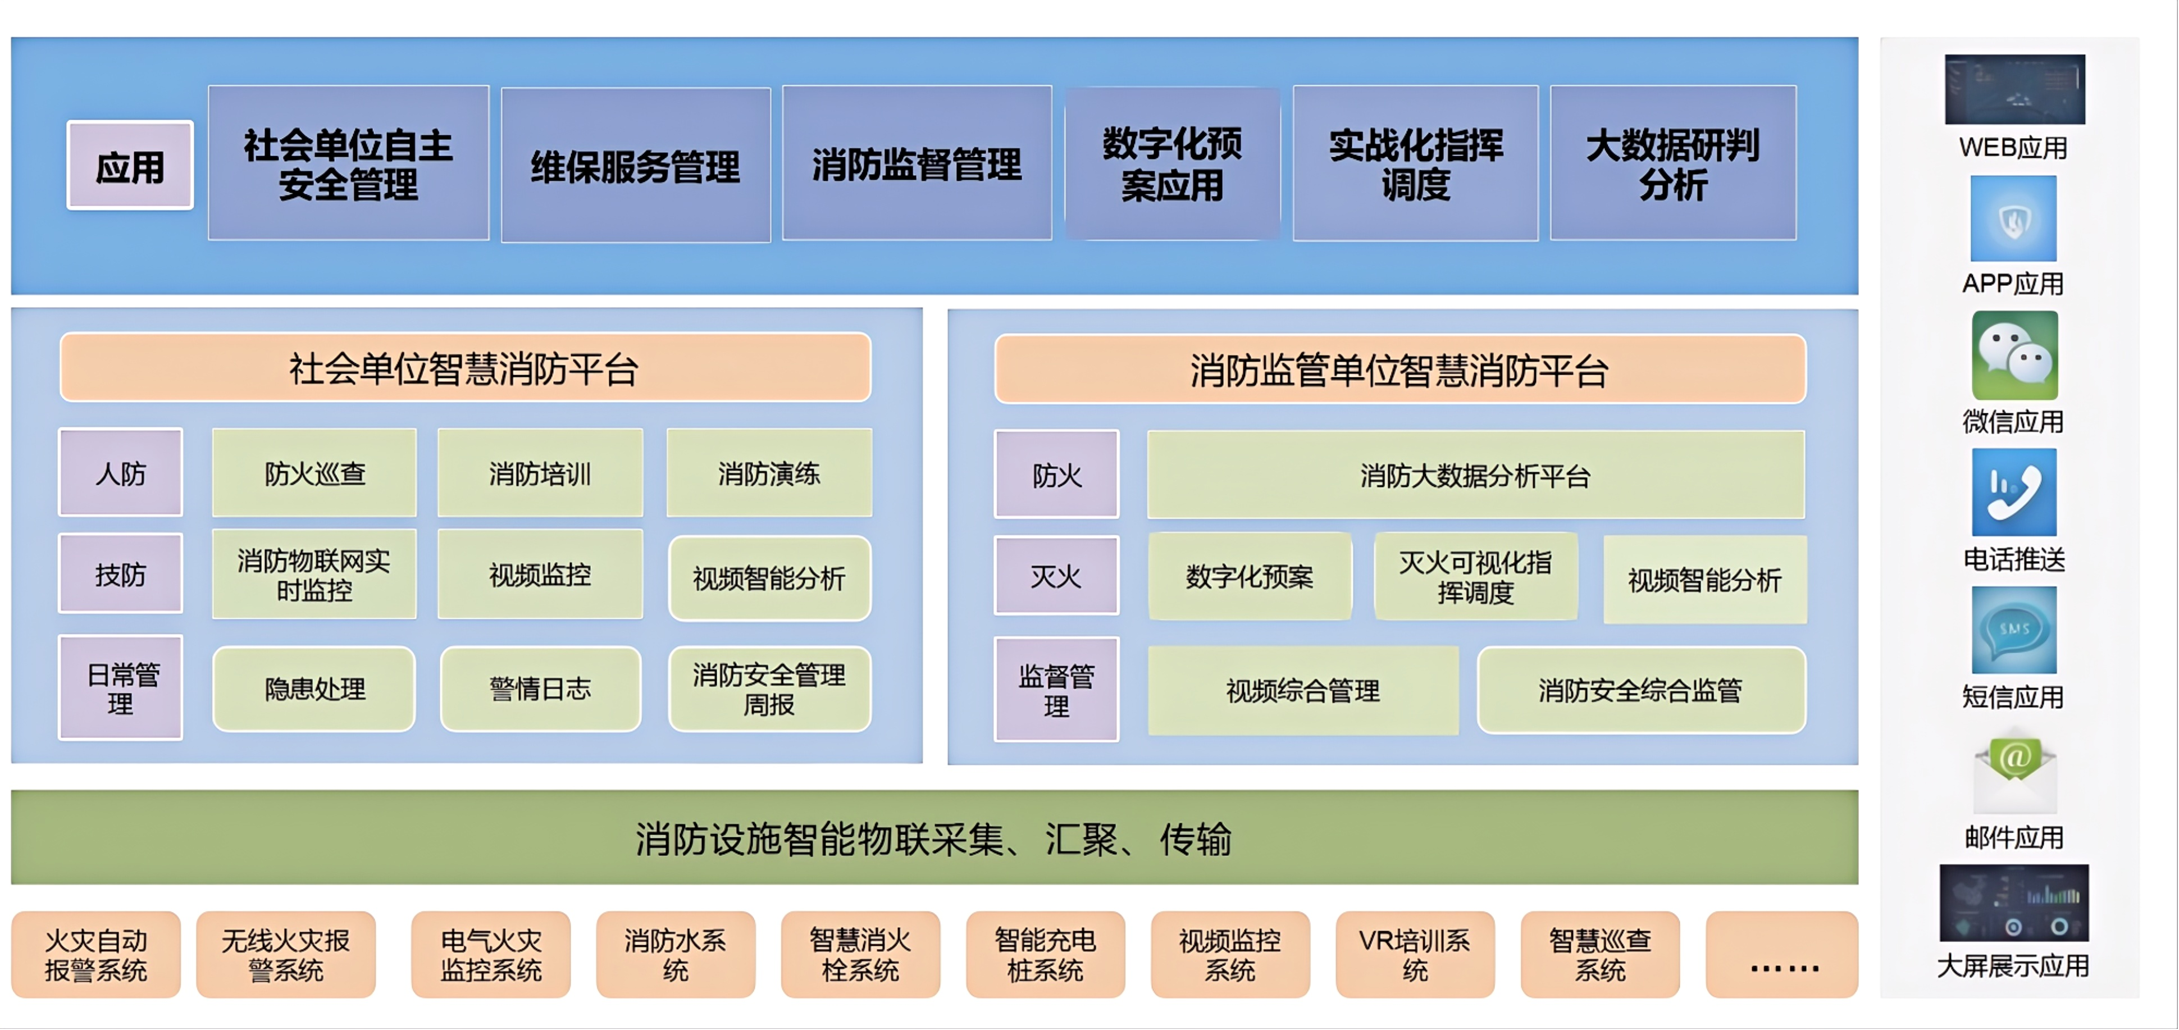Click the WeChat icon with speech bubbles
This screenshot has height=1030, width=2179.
2014,355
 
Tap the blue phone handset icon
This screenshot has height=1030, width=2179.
2014,492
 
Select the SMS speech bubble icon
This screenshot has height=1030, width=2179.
2014,630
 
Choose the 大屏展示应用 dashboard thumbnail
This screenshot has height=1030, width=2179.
2013,903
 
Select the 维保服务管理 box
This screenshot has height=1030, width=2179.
635,165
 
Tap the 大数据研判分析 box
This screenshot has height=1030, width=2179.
1672,163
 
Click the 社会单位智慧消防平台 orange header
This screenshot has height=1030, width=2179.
465,368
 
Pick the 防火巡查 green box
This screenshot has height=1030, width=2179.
314,473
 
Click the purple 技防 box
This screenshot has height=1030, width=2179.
120,574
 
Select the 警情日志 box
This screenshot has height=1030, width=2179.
540,689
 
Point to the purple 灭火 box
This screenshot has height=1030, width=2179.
1056,576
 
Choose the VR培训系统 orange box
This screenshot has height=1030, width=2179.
1414,954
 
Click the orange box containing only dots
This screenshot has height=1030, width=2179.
1781,954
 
